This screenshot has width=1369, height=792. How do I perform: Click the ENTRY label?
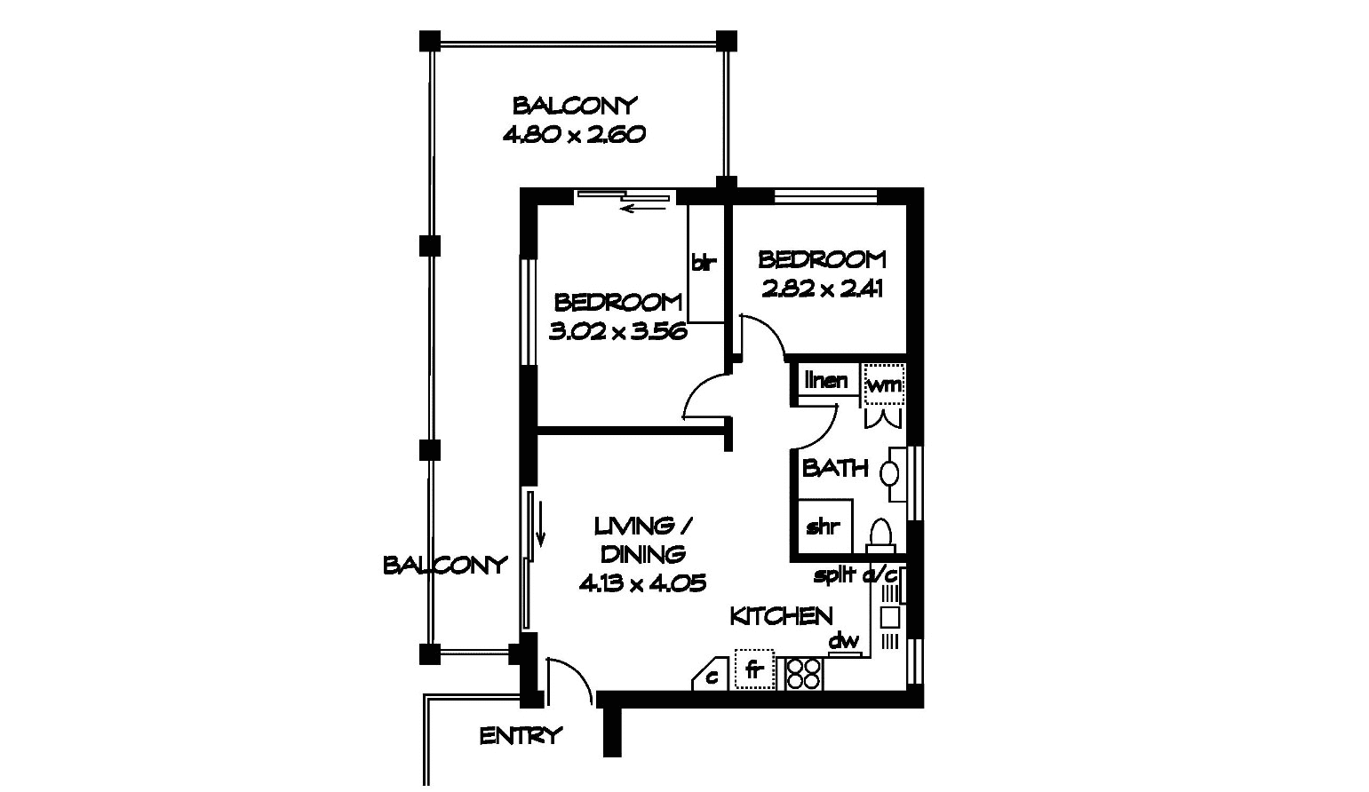point(520,736)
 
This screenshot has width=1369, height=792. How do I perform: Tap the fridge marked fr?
point(754,669)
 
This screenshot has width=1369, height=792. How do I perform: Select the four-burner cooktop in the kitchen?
point(802,674)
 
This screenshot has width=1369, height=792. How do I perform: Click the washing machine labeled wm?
point(884,384)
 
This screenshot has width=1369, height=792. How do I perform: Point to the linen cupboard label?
point(825,380)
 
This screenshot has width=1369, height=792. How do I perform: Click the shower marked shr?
point(824,527)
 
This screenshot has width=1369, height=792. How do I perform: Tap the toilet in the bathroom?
point(880,536)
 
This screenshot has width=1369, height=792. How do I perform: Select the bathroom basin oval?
point(890,473)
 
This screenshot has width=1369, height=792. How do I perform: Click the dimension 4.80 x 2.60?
point(574,134)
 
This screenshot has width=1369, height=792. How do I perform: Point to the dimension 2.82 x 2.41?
point(822,289)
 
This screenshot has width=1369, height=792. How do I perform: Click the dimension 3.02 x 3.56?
point(618,331)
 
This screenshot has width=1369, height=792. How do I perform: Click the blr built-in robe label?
point(703,263)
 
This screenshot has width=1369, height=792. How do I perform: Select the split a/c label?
point(855,574)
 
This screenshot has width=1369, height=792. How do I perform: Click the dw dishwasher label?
point(843,640)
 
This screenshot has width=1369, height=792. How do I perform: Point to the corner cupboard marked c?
point(712,676)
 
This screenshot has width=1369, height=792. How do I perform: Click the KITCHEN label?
point(782,616)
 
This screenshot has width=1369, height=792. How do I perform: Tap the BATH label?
point(835,468)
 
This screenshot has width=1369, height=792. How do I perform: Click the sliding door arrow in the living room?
point(539,519)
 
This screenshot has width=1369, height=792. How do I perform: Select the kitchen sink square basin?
point(889,617)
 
